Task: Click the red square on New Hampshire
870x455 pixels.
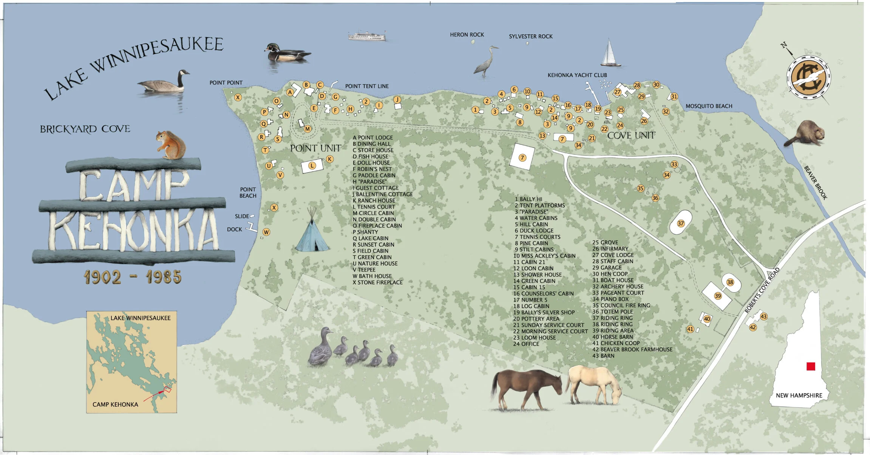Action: click(811, 366)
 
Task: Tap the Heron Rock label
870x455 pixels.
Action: click(467, 35)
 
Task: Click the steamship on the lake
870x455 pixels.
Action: click(367, 36)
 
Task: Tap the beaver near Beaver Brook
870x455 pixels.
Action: click(805, 134)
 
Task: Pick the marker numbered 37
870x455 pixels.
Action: click(681, 224)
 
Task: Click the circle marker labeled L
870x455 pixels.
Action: click(312, 166)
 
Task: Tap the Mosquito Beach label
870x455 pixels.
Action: click(709, 106)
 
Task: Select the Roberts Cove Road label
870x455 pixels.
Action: click(762, 290)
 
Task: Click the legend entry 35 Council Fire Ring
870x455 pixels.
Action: click(621, 305)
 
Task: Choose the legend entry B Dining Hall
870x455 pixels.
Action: click(372, 144)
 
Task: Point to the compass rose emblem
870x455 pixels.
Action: click(808, 77)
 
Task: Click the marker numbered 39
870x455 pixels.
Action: click(718, 296)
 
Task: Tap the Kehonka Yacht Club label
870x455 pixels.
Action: click(577, 75)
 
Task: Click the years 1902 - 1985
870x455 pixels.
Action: click(133, 277)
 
